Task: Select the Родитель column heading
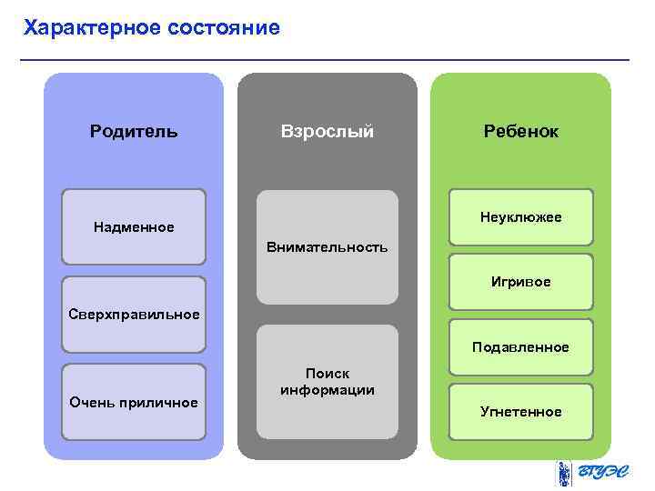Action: point(134,131)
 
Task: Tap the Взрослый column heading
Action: point(327,131)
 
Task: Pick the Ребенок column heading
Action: point(520,131)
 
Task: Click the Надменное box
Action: point(134,226)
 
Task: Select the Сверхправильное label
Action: point(134,315)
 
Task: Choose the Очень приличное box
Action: point(134,402)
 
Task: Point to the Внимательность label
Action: point(327,246)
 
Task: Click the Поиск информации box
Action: point(327,382)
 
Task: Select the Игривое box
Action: point(520,282)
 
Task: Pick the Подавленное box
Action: point(520,346)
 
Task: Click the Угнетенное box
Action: point(520,411)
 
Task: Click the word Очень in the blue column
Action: point(92,402)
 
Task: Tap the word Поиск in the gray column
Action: point(327,373)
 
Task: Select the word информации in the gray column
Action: point(327,390)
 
